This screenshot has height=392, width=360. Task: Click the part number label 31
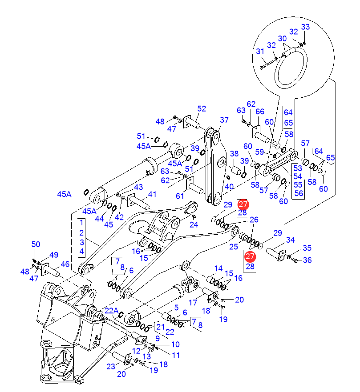pyautogui.click(x=260, y=52)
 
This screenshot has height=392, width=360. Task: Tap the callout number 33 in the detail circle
pyautogui.click(x=305, y=27)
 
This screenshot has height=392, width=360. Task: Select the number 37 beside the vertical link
pyautogui.click(x=224, y=120)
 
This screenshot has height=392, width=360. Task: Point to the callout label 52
pyautogui.click(x=202, y=108)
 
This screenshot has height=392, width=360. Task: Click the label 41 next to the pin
pyautogui.click(x=153, y=194)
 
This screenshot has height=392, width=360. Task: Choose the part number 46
pyautogui.click(x=65, y=264)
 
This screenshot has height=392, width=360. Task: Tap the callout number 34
pyautogui.click(x=290, y=240)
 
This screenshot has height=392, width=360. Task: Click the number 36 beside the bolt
pyautogui.click(x=307, y=260)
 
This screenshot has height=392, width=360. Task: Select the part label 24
pyautogui.click(x=194, y=224)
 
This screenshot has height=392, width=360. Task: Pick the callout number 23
pyautogui.click(x=110, y=366)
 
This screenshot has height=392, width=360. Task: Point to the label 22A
pyautogui.click(x=112, y=311)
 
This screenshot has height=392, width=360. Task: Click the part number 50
pyautogui.click(x=36, y=244)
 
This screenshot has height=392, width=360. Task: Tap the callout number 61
pyautogui.click(x=180, y=196)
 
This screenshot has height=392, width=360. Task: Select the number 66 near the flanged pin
pyautogui.click(x=260, y=112)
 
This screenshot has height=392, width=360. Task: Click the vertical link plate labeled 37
pyautogui.click(x=214, y=164)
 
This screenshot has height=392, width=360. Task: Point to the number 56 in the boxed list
pyautogui.click(x=298, y=193)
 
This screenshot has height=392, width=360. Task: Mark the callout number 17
pyautogui.click(x=193, y=302)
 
